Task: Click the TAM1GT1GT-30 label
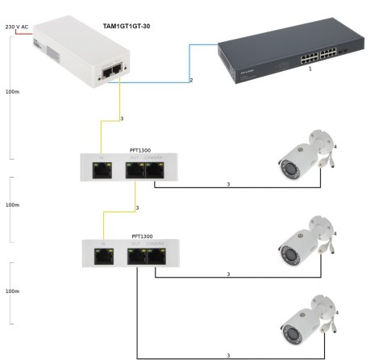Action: pos(127,27)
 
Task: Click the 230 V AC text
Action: pos(17,27)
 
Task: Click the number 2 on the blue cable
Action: pos(191,80)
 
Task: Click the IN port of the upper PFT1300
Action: pos(102,171)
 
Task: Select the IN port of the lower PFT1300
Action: pos(102,257)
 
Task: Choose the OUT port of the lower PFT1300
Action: pos(134,257)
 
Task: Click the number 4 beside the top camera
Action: pos(335,146)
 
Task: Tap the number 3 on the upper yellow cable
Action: pos(121,119)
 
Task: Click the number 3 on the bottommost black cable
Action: pos(229,355)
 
